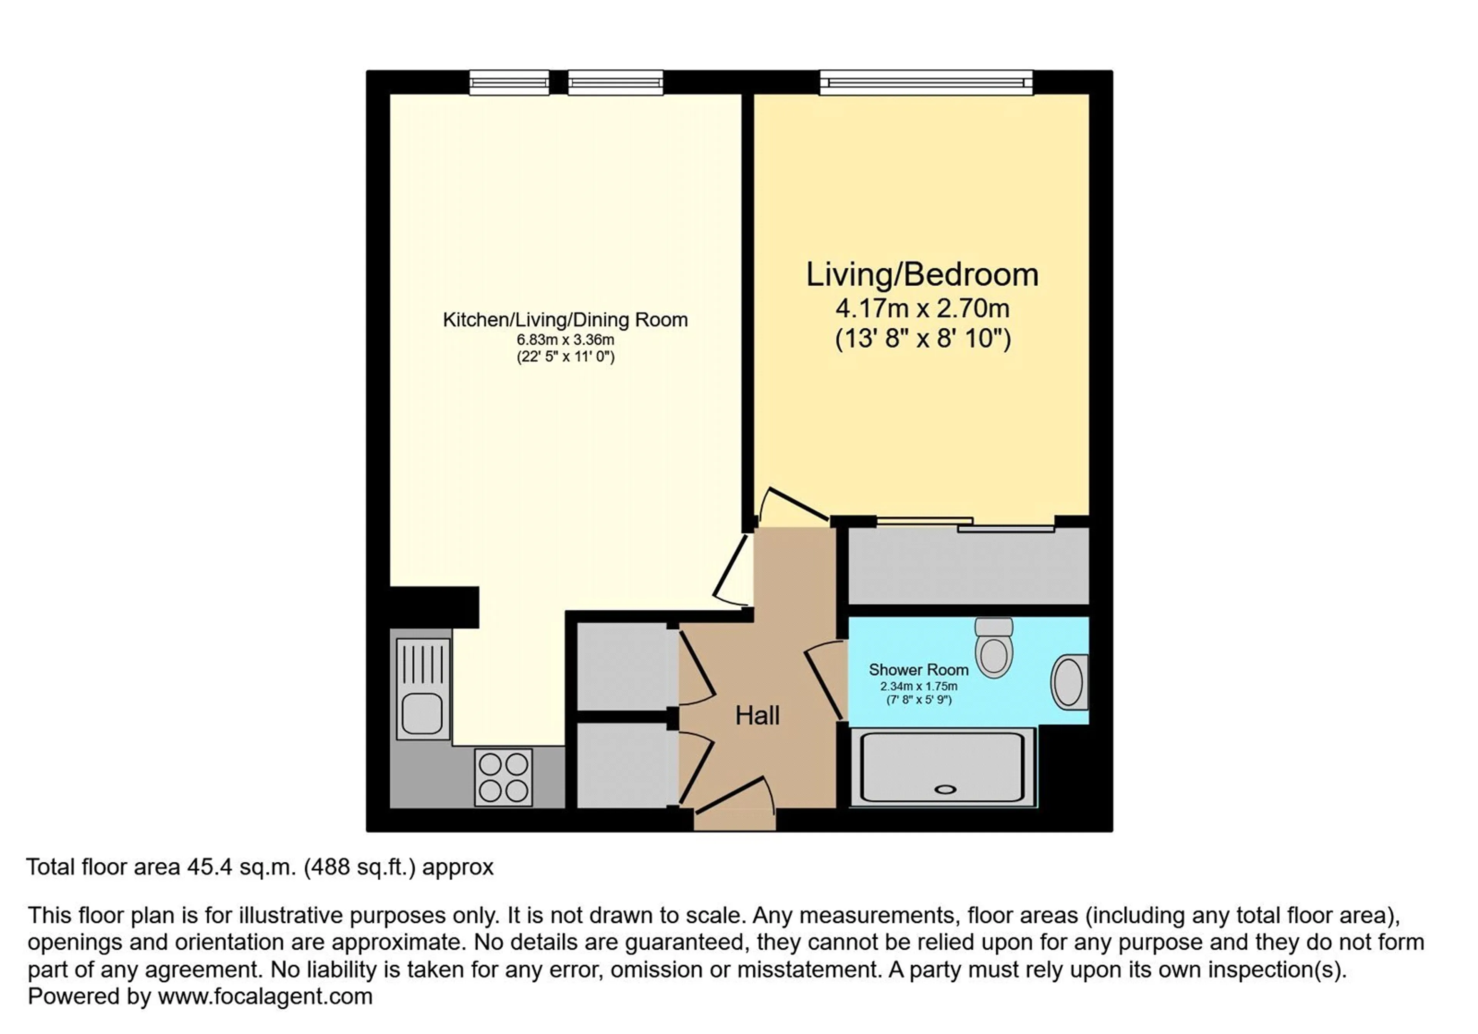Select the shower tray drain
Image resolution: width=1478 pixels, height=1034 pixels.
click(945, 789)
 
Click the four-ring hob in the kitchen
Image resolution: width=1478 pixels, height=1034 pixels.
click(503, 777)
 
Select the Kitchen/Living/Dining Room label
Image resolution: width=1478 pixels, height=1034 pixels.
click(565, 320)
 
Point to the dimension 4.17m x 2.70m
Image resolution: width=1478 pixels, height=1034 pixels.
click(923, 308)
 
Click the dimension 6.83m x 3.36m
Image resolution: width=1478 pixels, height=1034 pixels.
click(565, 339)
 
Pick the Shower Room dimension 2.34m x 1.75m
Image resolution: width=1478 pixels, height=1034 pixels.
click(919, 686)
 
